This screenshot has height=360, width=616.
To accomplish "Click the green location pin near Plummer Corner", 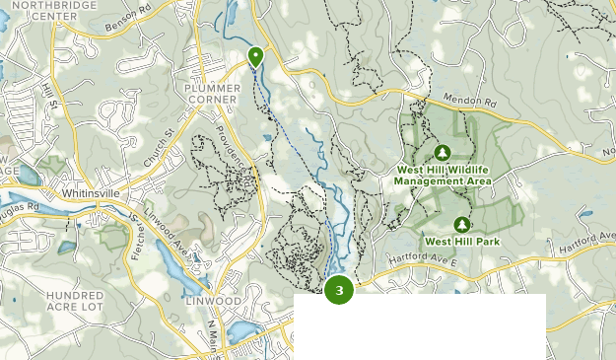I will point(255,56).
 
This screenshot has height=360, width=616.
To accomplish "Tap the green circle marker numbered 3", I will point(339,290).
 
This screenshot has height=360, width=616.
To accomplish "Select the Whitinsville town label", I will point(90,194).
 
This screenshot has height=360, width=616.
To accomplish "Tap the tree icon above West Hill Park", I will point(462,224).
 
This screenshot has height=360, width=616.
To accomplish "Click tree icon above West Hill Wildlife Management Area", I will point(443,152).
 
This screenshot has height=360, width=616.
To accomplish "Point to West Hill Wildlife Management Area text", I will point(442,176).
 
